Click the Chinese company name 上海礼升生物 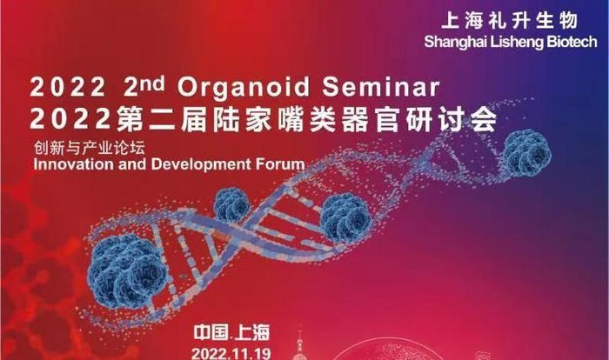pyautogui.click(x=509, y=21)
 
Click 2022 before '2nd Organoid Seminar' pyautogui.click(x=68, y=87)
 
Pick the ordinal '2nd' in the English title pyautogui.click(x=144, y=86)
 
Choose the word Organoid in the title pyautogui.click(x=244, y=87)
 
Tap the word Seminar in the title pyautogui.click(x=381, y=86)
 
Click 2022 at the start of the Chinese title pyautogui.click(x=70, y=118)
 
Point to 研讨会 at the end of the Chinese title pyautogui.click(x=451, y=118)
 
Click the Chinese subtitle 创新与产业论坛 pyautogui.click(x=90, y=148)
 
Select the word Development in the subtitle pyautogui.click(x=201, y=164)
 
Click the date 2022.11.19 pyautogui.click(x=231, y=354)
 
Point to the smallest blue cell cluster pyautogui.click(x=232, y=205)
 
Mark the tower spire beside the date pyautogui.click(x=299, y=344)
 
